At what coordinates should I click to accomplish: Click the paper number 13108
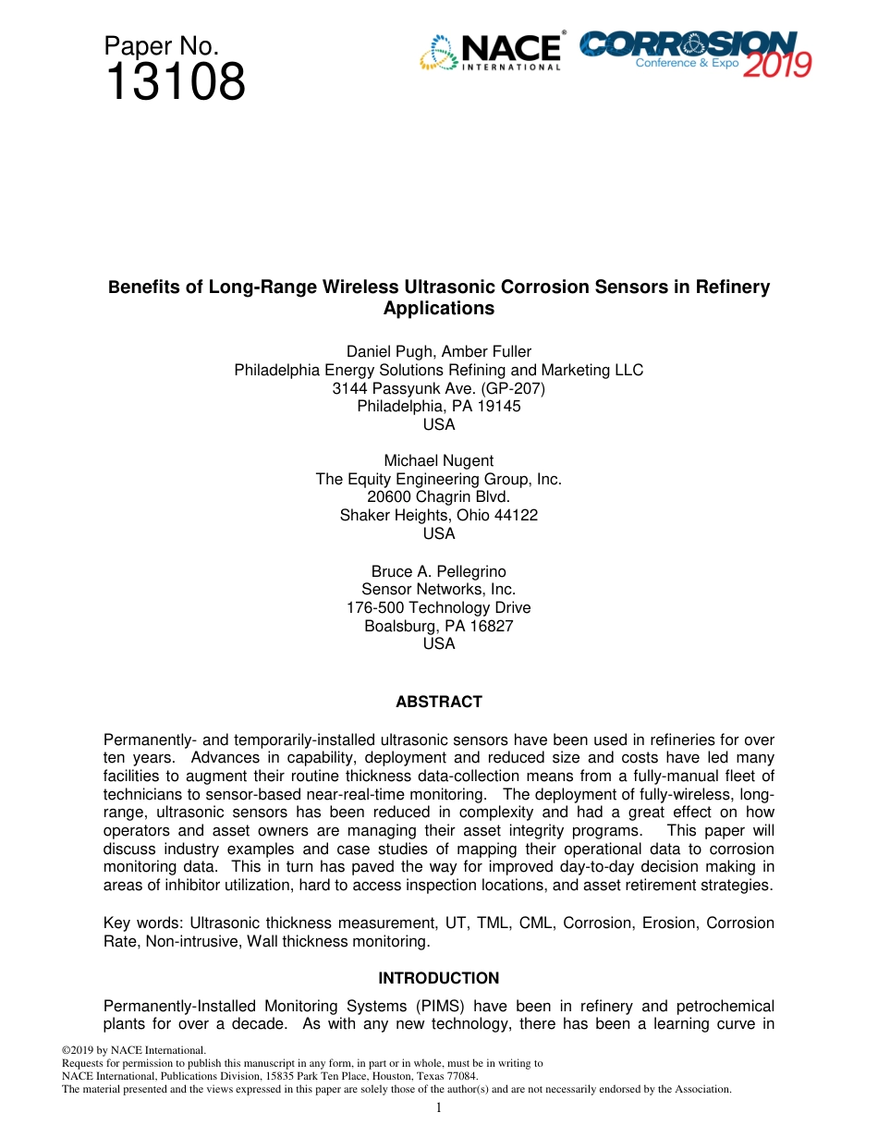[x=175, y=82]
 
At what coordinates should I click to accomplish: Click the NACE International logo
[x=491, y=52]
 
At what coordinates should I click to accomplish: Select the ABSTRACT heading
[x=438, y=702]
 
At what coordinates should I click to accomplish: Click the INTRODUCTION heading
[x=438, y=978]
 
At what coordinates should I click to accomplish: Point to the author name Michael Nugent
[x=438, y=460]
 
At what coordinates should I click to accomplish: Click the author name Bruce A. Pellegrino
[x=438, y=571]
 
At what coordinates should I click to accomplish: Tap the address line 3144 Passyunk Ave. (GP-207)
[x=438, y=388]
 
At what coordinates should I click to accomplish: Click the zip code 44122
[x=516, y=515]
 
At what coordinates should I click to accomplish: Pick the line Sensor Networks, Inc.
[x=438, y=589]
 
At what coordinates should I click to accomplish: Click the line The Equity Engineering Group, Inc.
[x=438, y=479]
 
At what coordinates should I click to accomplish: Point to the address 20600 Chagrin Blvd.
[x=438, y=496]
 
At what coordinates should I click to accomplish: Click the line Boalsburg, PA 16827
[x=438, y=626]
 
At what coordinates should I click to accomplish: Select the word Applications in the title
[x=438, y=309]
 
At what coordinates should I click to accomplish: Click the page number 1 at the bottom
[x=438, y=1107]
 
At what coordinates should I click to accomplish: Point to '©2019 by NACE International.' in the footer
[x=133, y=1050]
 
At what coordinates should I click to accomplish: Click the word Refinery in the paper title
[x=735, y=287]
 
